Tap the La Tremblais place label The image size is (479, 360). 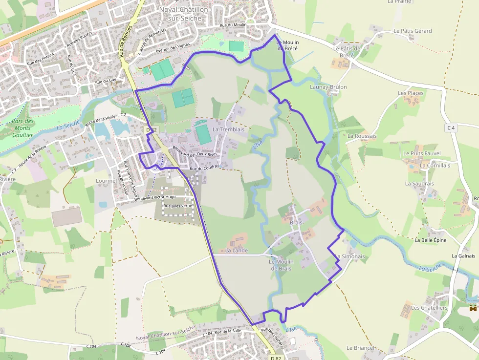coord(228,129)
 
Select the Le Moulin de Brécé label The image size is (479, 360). coord(288,45)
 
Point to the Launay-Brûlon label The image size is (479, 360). coord(328,87)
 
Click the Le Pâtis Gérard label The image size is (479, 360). coord(413,31)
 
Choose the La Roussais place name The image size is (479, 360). coord(362,136)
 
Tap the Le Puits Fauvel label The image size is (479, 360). coord(422,153)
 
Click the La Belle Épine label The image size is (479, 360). coord(430,240)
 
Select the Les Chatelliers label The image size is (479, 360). coord(429,308)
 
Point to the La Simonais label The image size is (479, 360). coord(350,256)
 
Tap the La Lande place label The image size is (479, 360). coord(237,251)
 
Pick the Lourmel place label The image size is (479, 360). coord(107,180)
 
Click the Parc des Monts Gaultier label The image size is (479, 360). coord(23,128)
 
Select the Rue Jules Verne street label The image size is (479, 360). coord(177,206)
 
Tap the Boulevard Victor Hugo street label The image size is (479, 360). coord(155,197)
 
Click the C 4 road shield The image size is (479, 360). coord(451,128)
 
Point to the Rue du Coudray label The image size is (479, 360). coord(204,169)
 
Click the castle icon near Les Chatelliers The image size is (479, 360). coord(473,308)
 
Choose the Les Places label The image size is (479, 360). coord(411,93)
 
